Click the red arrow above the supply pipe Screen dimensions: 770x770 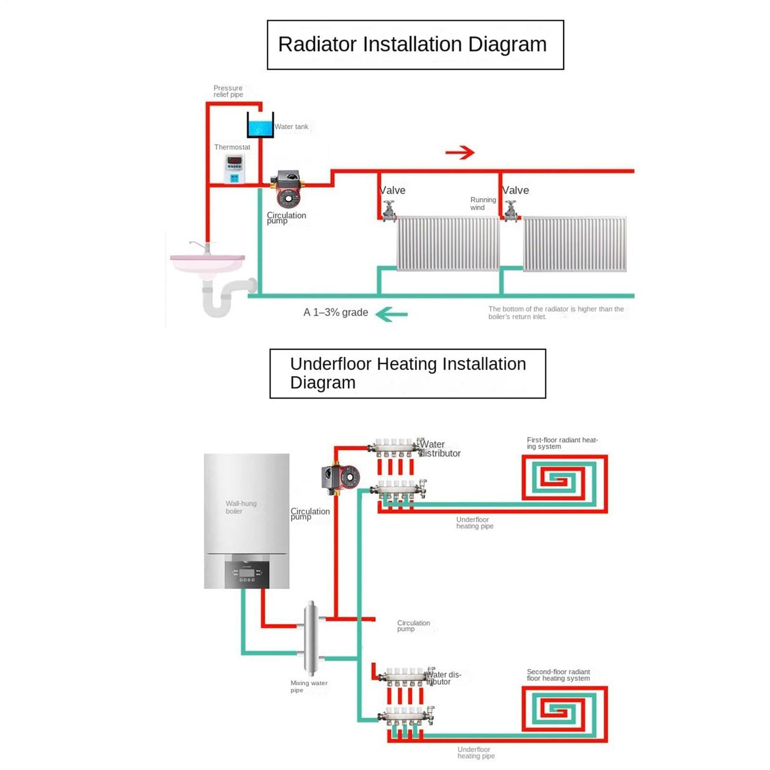click(x=460, y=152)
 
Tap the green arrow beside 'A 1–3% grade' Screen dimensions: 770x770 click(x=391, y=315)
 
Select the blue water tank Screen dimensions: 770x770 click(x=260, y=125)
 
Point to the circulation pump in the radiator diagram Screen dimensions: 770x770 click(x=288, y=189)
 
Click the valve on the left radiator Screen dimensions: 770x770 click(x=389, y=211)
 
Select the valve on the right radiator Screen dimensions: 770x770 click(x=511, y=211)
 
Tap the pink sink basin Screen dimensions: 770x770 click(x=207, y=263)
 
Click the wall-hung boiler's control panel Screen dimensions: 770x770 click(x=247, y=574)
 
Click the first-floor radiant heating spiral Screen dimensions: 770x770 click(x=565, y=483)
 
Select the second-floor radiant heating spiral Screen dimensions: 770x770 click(x=565, y=714)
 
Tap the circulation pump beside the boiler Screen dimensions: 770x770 click(x=341, y=477)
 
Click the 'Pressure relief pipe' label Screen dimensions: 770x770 click(x=228, y=91)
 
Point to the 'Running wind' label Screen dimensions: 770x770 click(x=483, y=203)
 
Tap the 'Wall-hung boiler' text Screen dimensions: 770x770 click(x=241, y=507)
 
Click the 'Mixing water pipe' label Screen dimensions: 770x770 click(x=309, y=686)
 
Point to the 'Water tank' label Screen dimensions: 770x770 click(x=291, y=126)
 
